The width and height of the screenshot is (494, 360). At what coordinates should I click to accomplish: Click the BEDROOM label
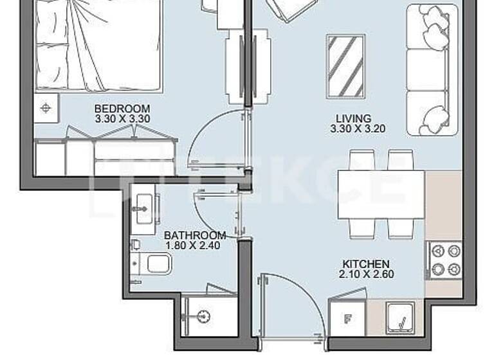(122, 109)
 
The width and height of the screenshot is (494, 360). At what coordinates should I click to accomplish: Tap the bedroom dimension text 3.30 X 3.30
(122, 119)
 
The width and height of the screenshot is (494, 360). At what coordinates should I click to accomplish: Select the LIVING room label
(354, 118)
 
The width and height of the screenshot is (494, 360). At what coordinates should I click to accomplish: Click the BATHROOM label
(195, 236)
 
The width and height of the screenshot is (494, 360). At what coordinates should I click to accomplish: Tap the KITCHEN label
(365, 264)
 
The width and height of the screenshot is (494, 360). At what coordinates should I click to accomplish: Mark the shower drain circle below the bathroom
(205, 316)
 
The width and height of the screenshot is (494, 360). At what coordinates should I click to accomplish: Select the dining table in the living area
(381, 194)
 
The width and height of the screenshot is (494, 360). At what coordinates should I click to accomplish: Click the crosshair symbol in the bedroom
(46, 107)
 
